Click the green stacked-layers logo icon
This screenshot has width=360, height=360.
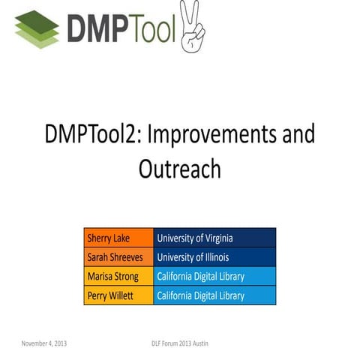(x=37, y=28)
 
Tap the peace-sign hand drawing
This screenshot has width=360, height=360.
(x=192, y=26)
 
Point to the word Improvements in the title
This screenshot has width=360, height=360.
(x=214, y=135)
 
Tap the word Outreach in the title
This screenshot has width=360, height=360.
(x=179, y=168)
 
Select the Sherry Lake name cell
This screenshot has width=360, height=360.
(x=118, y=238)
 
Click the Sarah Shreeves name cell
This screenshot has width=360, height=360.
(x=118, y=257)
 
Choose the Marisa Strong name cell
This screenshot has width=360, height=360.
(x=118, y=276)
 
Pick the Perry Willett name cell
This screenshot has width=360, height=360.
(x=118, y=295)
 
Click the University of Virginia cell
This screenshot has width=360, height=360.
(x=214, y=238)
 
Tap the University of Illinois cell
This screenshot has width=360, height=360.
(x=214, y=257)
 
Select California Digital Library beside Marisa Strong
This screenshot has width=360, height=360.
(x=214, y=276)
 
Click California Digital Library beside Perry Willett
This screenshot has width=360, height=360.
(x=214, y=295)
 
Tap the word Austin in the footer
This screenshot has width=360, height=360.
(x=199, y=343)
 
